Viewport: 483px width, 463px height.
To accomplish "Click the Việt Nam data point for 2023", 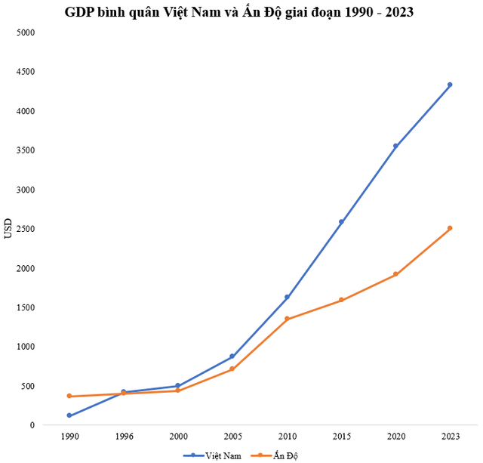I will [450, 85].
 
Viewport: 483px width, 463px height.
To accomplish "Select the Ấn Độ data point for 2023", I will [450, 228].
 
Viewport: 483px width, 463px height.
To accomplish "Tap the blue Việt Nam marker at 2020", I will [395, 146].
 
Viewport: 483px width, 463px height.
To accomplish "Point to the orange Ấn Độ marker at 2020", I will [395, 274].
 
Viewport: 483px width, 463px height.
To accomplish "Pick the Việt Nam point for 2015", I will [341, 222].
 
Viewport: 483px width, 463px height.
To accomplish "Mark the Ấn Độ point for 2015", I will [341, 300].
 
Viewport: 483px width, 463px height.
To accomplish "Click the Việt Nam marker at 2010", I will [287, 297].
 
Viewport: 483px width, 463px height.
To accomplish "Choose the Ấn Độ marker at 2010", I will [287, 319].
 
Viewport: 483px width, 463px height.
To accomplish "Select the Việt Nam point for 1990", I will [69, 415].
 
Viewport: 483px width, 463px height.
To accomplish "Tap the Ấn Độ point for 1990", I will [69, 396].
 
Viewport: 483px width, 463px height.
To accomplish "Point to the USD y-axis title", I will [8, 229].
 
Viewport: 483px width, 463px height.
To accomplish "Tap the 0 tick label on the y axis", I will [32, 425].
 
